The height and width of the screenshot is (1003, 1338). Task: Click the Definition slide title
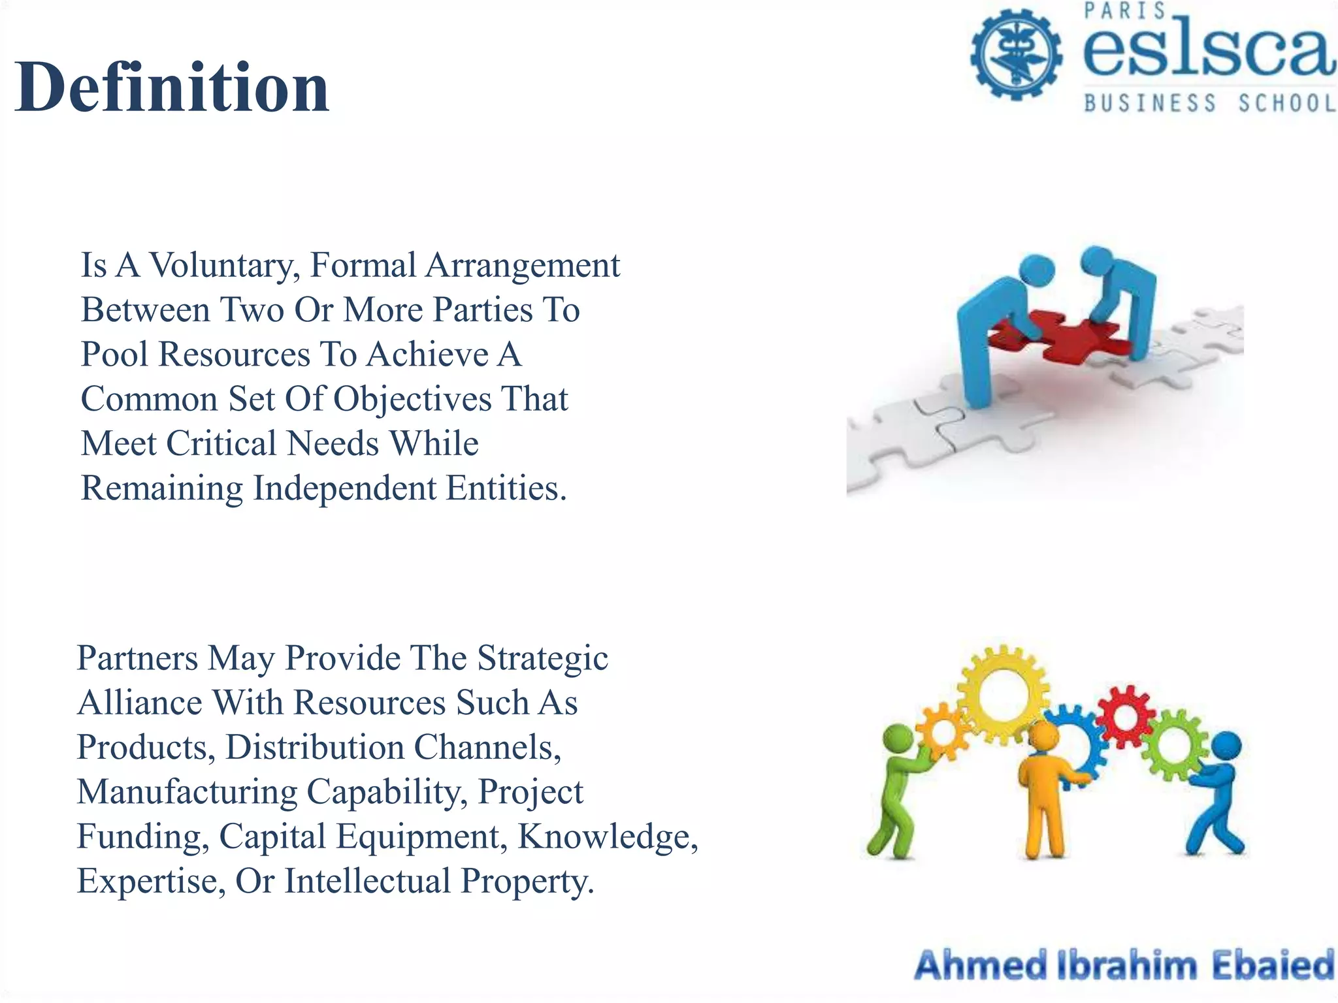tap(172, 88)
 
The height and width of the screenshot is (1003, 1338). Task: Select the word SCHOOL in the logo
tap(1287, 103)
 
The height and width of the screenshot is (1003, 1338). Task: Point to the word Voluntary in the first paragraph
tap(225, 266)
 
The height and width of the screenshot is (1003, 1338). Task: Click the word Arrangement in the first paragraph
tap(523, 266)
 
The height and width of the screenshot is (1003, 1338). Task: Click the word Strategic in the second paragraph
tap(542, 658)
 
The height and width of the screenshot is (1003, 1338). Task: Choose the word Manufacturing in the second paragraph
tap(187, 792)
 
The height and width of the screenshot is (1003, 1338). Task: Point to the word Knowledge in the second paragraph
tap(608, 836)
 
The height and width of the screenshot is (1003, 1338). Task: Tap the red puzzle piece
tap(1058, 336)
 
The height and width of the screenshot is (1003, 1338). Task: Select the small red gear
tap(1126, 716)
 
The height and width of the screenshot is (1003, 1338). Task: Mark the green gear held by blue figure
tap(1174, 745)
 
